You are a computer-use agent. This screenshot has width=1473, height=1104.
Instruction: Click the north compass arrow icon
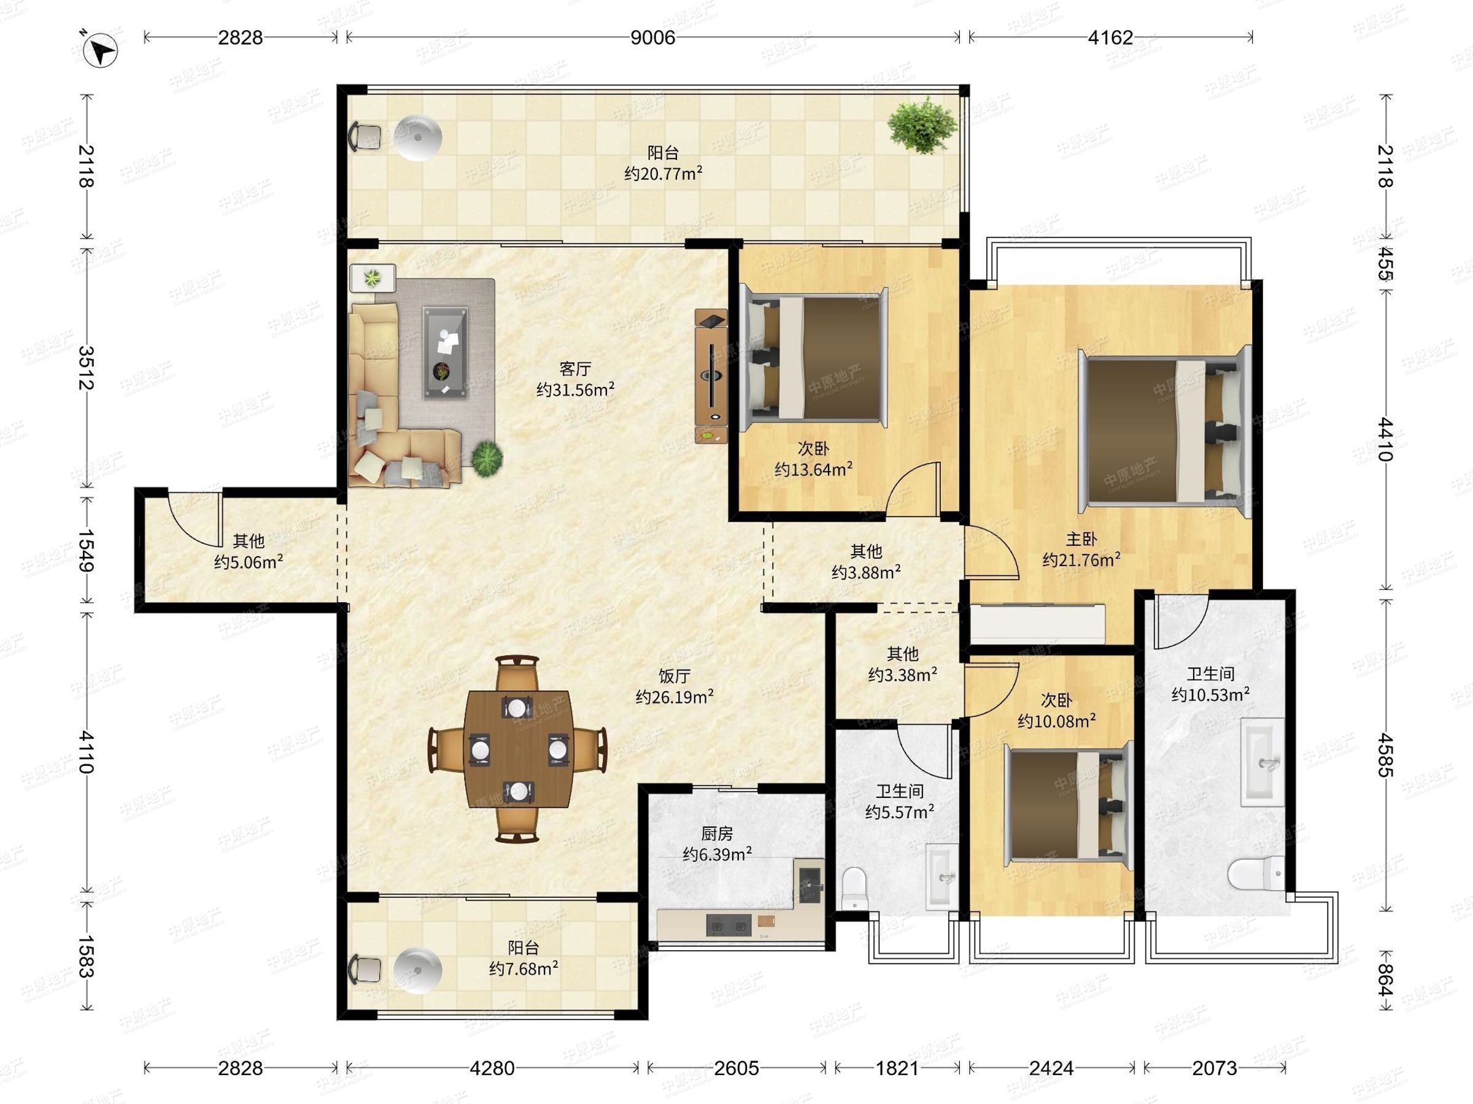click(x=101, y=50)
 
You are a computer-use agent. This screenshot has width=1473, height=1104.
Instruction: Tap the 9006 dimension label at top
click(x=652, y=38)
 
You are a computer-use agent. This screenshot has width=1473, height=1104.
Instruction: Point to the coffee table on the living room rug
click(x=445, y=353)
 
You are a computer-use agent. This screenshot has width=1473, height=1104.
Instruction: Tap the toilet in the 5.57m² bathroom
click(x=854, y=888)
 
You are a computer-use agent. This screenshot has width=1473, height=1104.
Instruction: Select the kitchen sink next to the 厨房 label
click(x=810, y=881)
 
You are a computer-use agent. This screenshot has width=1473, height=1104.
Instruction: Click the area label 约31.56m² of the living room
click(x=575, y=390)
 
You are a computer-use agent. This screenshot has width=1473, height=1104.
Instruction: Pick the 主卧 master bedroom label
click(x=1081, y=539)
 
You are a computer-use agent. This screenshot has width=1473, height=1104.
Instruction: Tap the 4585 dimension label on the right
click(x=1386, y=754)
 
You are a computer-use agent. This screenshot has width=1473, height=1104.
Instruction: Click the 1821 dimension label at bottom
click(x=897, y=1068)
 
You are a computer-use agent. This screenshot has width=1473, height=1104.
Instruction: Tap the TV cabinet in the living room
click(x=711, y=376)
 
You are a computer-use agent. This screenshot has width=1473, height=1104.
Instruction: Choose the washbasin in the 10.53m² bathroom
click(x=1263, y=762)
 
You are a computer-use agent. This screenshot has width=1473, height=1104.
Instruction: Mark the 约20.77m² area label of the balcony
click(x=663, y=174)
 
